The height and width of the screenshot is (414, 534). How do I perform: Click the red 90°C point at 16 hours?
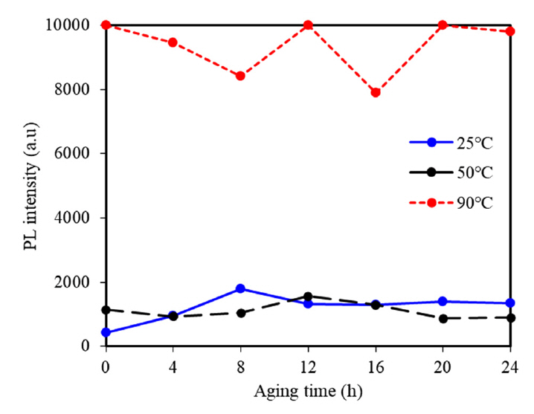376,92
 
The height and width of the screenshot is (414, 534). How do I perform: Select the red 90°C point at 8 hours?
241,76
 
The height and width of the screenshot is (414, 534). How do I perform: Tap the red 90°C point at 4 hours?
173,42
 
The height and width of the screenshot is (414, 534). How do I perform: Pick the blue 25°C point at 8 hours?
241,288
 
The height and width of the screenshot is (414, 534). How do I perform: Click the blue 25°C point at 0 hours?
106,332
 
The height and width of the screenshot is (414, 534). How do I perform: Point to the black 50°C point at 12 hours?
308,297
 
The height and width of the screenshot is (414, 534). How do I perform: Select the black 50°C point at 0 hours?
106,310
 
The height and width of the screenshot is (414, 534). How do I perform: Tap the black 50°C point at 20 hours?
443,319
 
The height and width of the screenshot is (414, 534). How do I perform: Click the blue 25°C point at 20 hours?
443,301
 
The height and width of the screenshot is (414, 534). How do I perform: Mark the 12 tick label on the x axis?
308,366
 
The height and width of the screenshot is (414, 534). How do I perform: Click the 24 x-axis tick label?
510,366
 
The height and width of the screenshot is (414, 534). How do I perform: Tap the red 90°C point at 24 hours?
510,31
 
